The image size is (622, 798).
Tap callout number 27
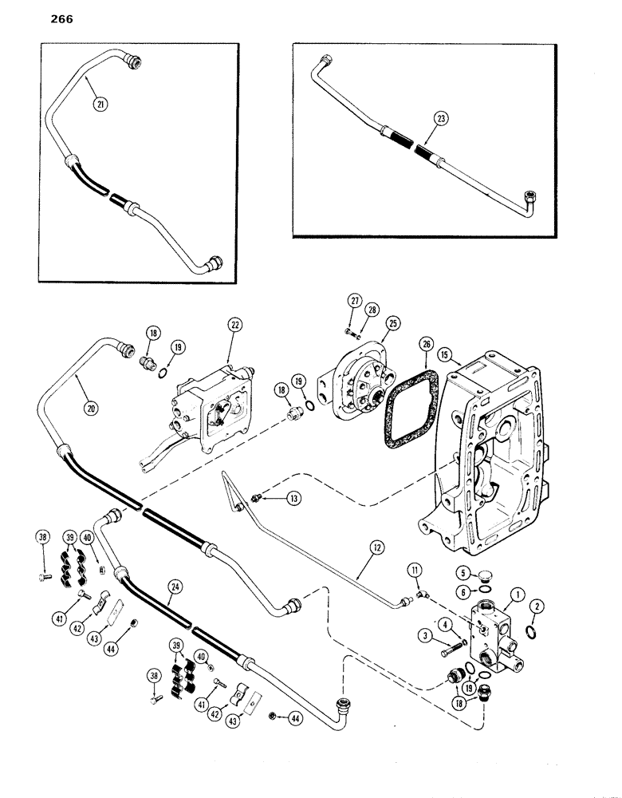pyautogui.click(x=353, y=300)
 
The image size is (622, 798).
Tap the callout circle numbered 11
pyautogui.click(x=414, y=570)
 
